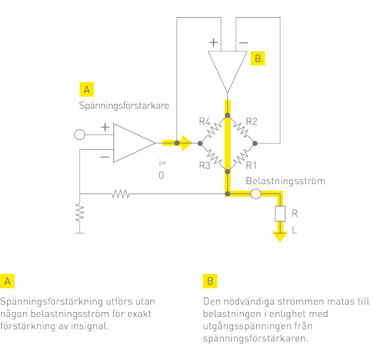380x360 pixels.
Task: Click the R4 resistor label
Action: point(205,121)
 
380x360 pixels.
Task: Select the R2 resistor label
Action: point(251,121)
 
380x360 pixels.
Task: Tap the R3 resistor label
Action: point(205,165)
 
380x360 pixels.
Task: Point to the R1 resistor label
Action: point(251,165)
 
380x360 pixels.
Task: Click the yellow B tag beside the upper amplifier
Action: point(258,58)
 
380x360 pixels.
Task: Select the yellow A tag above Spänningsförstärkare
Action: point(87,90)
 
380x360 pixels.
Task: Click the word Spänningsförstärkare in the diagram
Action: point(124,106)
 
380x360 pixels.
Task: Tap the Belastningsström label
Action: point(286,181)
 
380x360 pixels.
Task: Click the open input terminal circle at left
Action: point(80,135)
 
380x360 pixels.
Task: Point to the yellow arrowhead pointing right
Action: point(186,143)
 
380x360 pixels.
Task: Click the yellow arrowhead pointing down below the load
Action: point(280,237)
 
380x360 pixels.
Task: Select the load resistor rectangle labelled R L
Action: point(280,214)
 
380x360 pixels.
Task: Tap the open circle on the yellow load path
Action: point(255,194)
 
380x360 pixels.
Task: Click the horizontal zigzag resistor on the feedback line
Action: point(120,194)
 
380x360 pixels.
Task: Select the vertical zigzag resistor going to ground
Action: point(80,212)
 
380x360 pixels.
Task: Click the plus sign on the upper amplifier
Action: point(214,42)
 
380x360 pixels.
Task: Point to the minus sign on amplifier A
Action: point(104,157)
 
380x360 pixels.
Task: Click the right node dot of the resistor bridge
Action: point(255,143)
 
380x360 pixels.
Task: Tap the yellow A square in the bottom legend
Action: point(7,281)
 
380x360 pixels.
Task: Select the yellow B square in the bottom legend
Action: point(210,281)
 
